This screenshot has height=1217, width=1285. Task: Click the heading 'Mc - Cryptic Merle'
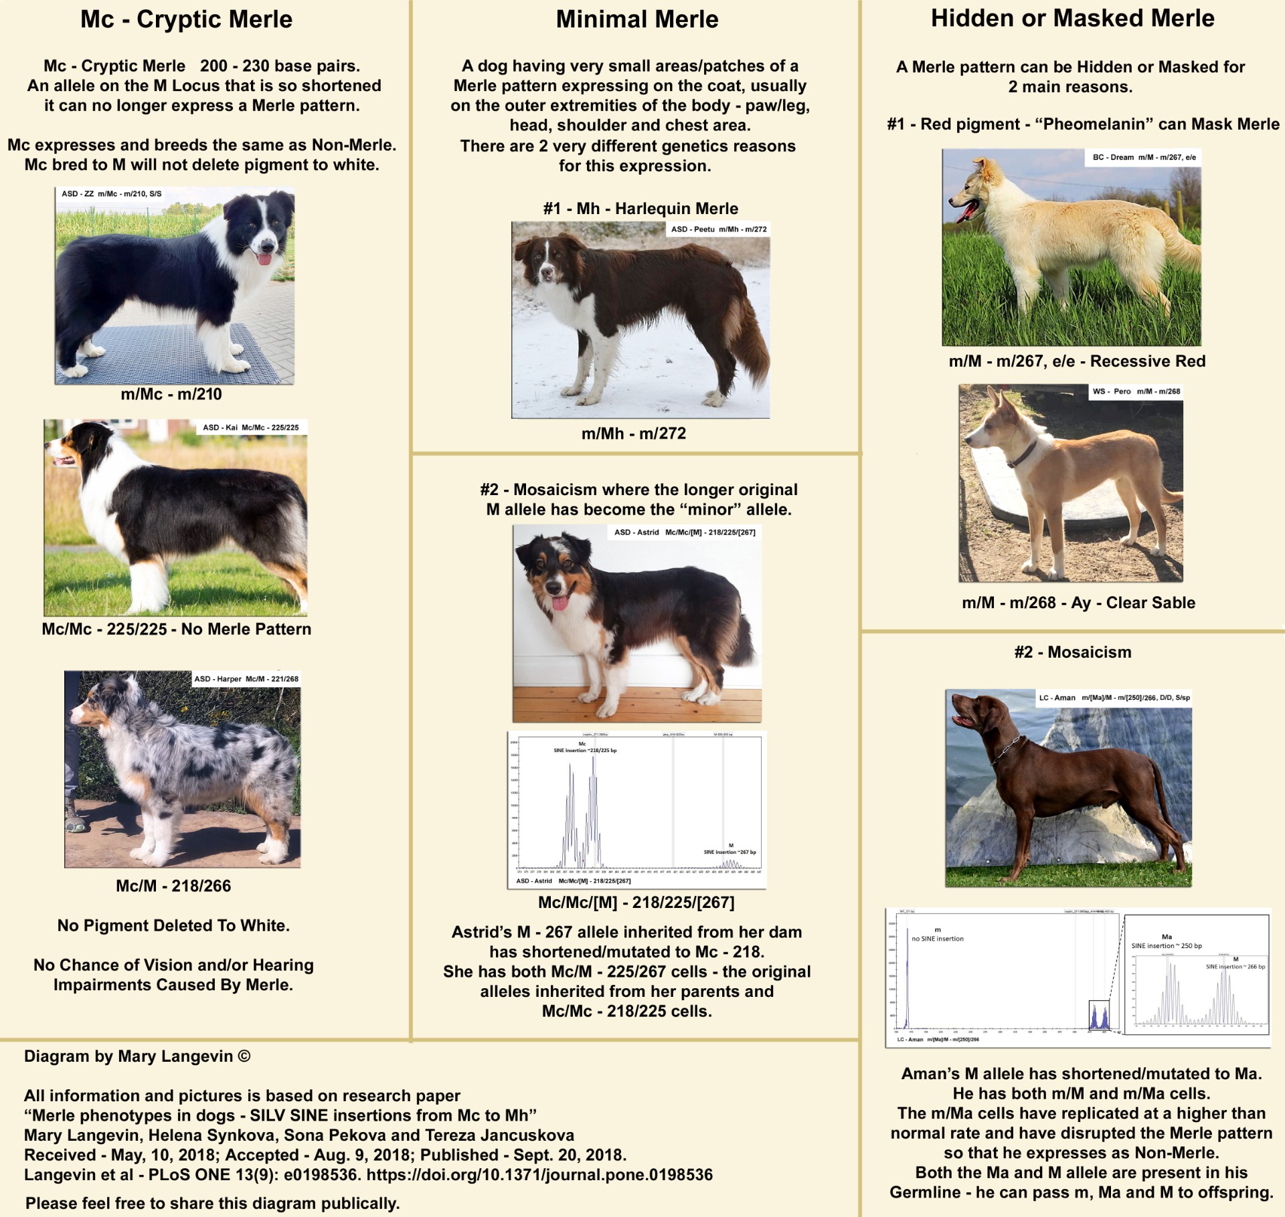click(186, 19)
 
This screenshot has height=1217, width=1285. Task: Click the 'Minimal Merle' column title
click(636, 19)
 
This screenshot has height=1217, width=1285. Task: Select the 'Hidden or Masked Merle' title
click(1072, 18)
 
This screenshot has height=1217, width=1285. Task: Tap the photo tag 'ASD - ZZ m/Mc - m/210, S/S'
click(111, 194)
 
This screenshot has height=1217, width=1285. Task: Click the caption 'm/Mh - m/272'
click(633, 434)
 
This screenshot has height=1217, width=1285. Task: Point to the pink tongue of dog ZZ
click(265, 258)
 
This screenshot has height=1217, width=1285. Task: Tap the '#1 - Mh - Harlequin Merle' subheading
click(640, 209)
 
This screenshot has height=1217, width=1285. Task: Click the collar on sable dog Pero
click(1021, 456)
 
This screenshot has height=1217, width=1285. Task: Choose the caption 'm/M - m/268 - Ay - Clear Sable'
click(1078, 603)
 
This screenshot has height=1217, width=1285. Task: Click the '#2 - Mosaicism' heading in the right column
click(1072, 652)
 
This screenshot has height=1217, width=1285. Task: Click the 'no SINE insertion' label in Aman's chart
click(937, 939)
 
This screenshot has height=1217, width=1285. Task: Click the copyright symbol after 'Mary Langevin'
click(244, 1056)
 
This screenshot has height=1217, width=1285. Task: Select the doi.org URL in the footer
click(539, 1175)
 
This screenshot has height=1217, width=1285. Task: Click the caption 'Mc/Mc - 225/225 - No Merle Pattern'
click(176, 629)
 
